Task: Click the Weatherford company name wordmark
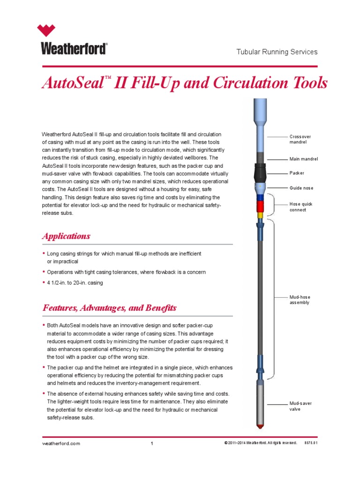click(x=74, y=49)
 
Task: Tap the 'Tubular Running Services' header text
click(x=277, y=52)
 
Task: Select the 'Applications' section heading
click(x=66, y=236)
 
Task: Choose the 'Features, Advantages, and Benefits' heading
click(x=109, y=308)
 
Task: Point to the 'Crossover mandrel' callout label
click(x=300, y=139)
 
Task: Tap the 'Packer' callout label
click(x=297, y=173)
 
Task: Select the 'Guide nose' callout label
click(x=301, y=188)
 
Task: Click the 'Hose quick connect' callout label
click(x=301, y=207)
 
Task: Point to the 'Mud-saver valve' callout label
click(x=300, y=406)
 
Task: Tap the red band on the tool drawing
click(x=260, y=207)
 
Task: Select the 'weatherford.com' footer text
click(x=61, y=443)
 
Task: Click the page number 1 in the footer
click(x=152, y=444)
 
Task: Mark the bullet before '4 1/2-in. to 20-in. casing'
click(x=44, y=283)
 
